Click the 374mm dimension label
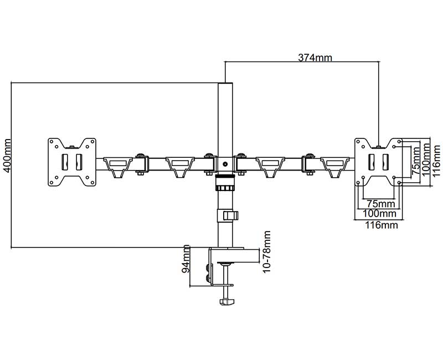[315, 58]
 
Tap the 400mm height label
[7, 156]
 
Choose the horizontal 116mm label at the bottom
[379, 225]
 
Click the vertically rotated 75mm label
[415, 161]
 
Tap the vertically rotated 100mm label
[425, 159]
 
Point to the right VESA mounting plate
[379, 162]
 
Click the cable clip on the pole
[230, 215]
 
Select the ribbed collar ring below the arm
[225, 181]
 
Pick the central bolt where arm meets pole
[225, 163]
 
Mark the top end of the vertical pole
[225, 85]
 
